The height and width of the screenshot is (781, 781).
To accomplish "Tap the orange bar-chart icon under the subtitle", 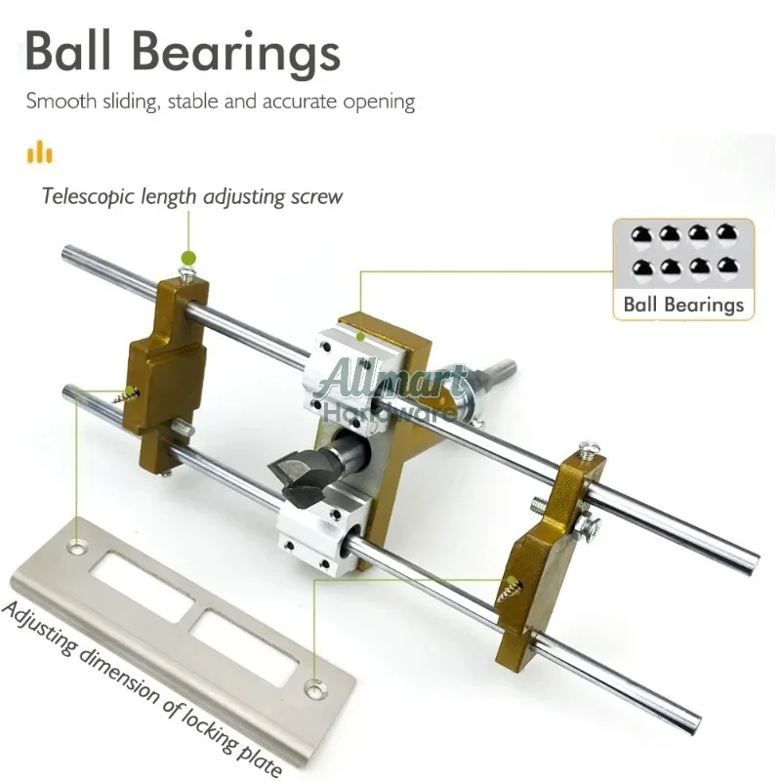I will click(40, 152).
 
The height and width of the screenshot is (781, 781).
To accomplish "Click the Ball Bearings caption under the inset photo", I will click(683, 304).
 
